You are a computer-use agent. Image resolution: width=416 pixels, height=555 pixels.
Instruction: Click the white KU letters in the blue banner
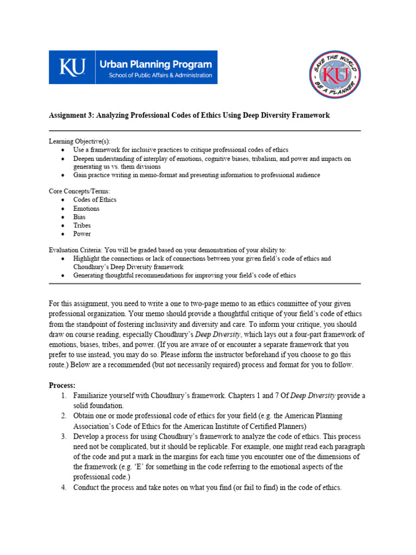click(72, 68)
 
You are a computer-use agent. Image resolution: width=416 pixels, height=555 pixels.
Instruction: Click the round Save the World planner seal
click(335, 74)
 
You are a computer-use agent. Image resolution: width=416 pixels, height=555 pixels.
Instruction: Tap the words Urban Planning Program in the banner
click(155, 64)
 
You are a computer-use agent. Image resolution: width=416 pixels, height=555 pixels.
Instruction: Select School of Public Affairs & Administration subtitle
click(160, 75)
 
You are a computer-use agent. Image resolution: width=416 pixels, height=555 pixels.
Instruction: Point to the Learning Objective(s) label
click(79, 141)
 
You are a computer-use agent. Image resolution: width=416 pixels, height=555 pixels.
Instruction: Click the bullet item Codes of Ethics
click(95, 199)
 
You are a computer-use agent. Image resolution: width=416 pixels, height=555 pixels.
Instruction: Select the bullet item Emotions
click(87, 208)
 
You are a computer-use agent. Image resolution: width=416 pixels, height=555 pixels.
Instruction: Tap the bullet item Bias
click(80, 217)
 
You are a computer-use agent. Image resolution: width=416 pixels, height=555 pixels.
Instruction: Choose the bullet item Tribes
click(82, 225)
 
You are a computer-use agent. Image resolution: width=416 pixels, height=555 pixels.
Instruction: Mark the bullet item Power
click(82, 234)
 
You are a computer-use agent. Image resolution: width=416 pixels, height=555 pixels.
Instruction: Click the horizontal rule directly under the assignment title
click(205, 131)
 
